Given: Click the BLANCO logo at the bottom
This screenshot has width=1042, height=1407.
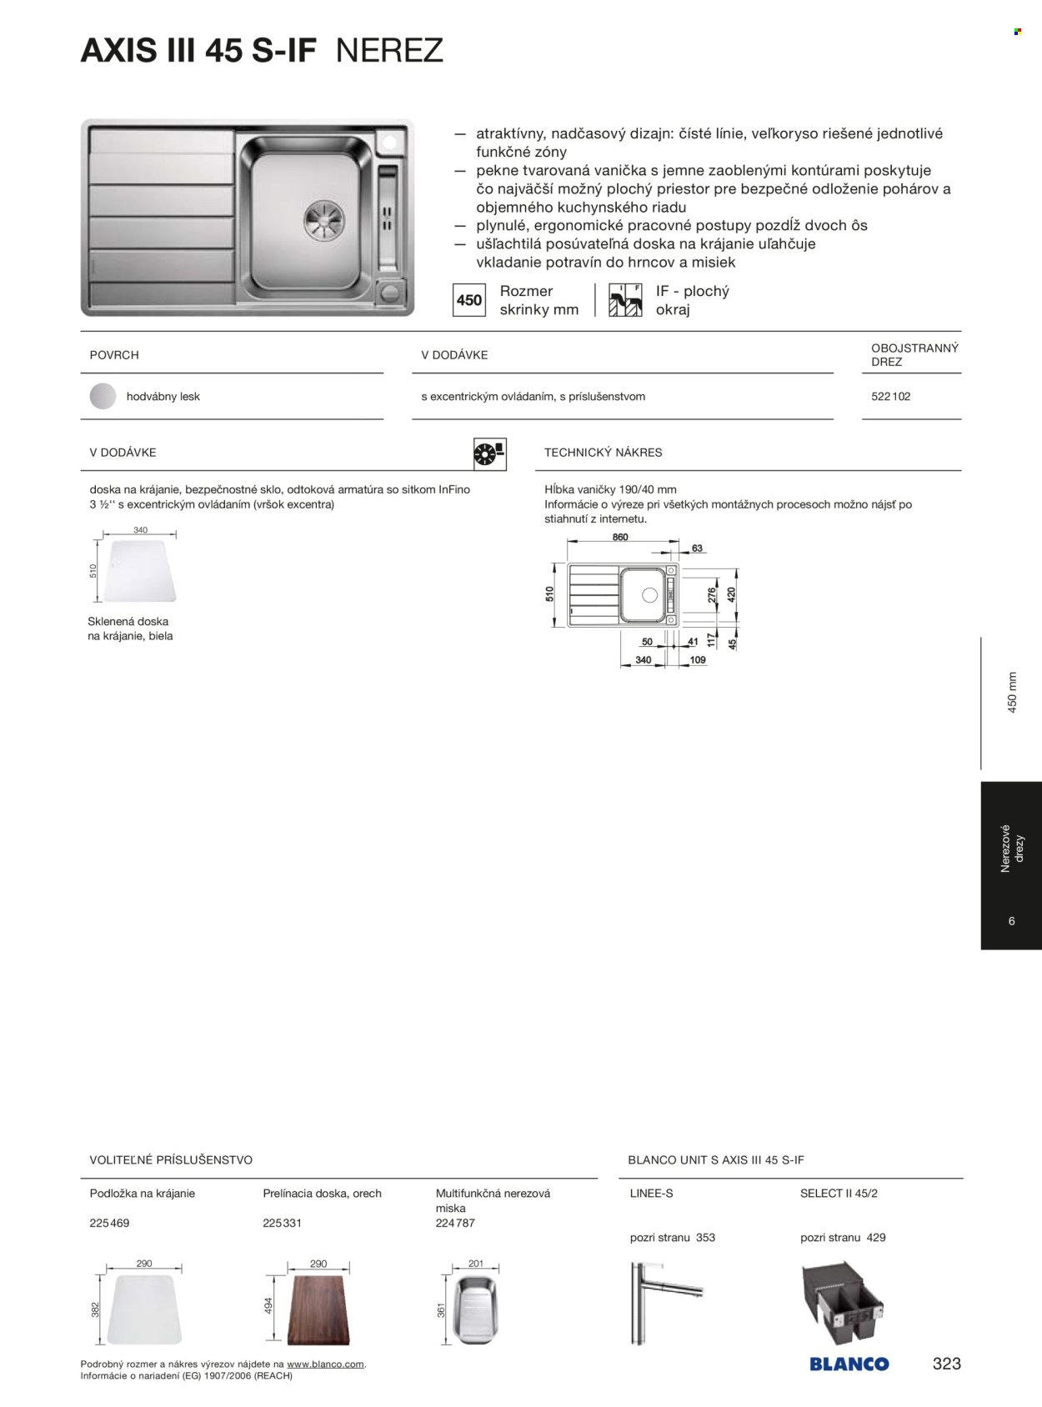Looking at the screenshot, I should point(849,1364).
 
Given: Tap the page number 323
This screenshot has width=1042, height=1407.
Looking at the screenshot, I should point(946,1364).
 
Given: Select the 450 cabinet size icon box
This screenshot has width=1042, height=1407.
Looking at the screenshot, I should point(469,300).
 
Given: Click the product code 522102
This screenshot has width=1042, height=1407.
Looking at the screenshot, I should point(890,397).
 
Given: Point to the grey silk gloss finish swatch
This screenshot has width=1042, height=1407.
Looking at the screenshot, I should point(103,397).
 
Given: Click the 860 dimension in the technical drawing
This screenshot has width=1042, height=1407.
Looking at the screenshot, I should point(620,538).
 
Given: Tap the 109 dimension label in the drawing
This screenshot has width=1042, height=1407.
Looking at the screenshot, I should point(698,660).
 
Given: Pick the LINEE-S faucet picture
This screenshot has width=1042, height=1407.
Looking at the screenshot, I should point(658,1302).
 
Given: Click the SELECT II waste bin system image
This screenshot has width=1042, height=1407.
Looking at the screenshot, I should point(841,1301).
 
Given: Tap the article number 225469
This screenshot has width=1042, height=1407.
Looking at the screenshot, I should point(109,1223).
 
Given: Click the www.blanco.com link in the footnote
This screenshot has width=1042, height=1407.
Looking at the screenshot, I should point(325,1364).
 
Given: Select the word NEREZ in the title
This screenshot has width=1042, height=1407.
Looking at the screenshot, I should point(389,52).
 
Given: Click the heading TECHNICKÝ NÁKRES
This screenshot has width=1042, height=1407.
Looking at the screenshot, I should point(603,453).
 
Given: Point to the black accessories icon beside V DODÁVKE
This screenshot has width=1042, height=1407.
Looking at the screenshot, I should point(489,453).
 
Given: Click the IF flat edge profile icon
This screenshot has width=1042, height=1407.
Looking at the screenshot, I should point(625,300).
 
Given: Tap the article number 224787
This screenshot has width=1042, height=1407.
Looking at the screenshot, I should point(455,1223).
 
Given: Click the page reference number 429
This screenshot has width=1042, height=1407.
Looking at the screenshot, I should point(875,1238).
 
